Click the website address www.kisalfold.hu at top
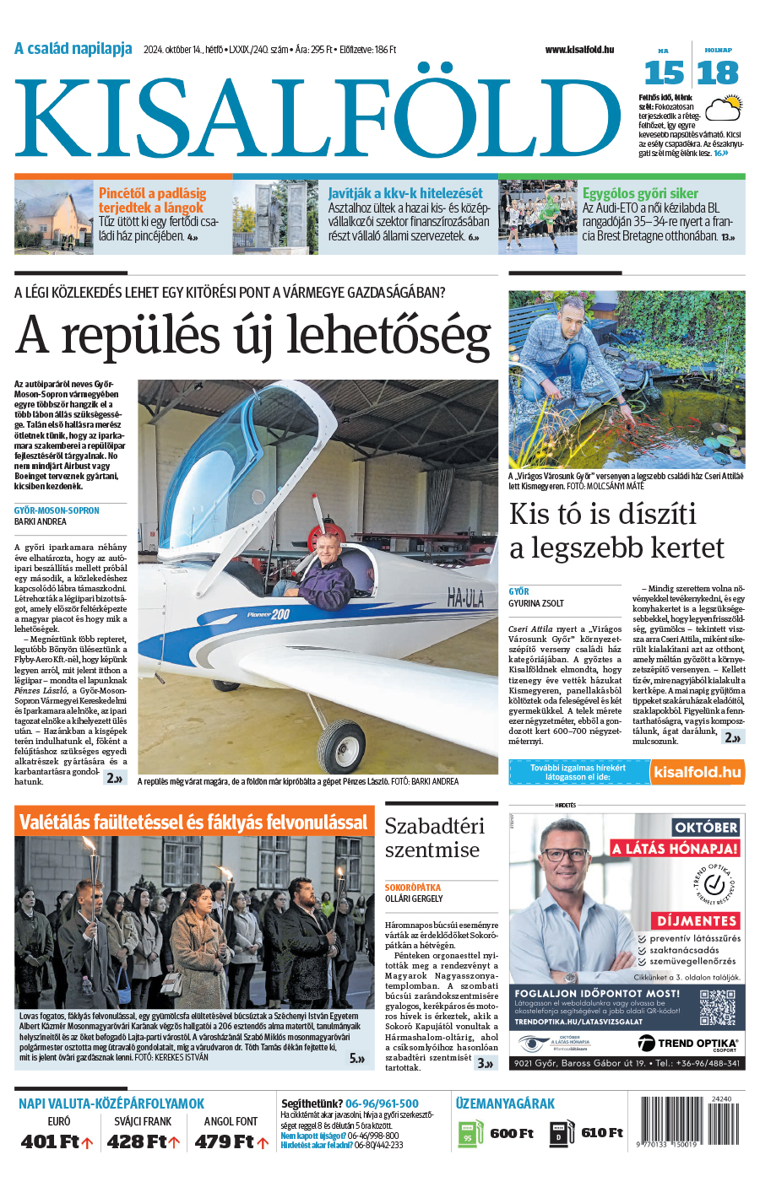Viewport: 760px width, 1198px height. coord(579,50)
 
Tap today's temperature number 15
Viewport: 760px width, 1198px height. coord(664,73)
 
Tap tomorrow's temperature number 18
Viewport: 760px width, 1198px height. coord(718,73)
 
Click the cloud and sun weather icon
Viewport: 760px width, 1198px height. coord(724,108)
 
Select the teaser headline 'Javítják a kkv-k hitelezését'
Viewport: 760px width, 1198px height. coord(405,193)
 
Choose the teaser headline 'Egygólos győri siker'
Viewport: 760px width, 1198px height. coord(640,193)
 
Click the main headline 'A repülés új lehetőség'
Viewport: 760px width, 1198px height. coord(253,335)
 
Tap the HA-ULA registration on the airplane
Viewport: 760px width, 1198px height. coord(465,600)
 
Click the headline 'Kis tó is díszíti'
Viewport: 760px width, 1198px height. coord(603,514)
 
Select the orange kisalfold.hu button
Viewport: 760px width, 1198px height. coord(697,772)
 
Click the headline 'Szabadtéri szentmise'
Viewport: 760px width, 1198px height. coord(434,838)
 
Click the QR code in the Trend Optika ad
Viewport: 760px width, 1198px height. coord(717,1007)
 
